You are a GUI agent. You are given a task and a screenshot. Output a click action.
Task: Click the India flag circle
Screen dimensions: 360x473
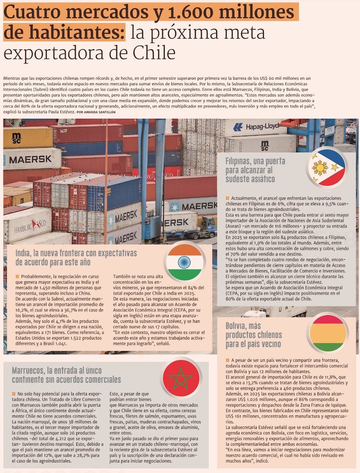[x=185, y=262]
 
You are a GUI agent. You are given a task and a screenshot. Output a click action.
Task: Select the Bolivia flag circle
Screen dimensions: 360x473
[x=328, y=333]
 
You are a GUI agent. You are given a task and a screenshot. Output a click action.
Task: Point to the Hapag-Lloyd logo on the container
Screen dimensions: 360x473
[x=256, y=127]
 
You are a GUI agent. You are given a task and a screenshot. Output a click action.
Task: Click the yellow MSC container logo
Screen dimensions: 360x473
[x=17, y=138]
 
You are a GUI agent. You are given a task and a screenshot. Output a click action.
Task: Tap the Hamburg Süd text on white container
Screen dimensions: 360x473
[x=30, y=226]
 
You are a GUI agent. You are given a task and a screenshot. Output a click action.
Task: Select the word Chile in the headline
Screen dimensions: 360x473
[x=154, y=53]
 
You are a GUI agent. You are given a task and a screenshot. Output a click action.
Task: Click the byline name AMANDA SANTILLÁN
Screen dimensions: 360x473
[x=100, y=112]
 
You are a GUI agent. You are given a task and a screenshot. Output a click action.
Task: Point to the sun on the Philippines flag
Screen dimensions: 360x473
[x=320, y=168]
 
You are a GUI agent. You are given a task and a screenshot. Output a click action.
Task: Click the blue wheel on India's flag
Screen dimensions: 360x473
[x=184, y=262]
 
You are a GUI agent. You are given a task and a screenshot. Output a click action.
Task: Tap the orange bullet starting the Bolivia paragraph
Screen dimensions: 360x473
[x=228, y=360]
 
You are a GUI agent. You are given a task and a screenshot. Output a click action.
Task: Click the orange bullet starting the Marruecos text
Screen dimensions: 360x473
[x=14, y=394]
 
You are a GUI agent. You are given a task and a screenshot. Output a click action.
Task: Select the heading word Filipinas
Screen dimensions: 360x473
[x=238, y=161]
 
